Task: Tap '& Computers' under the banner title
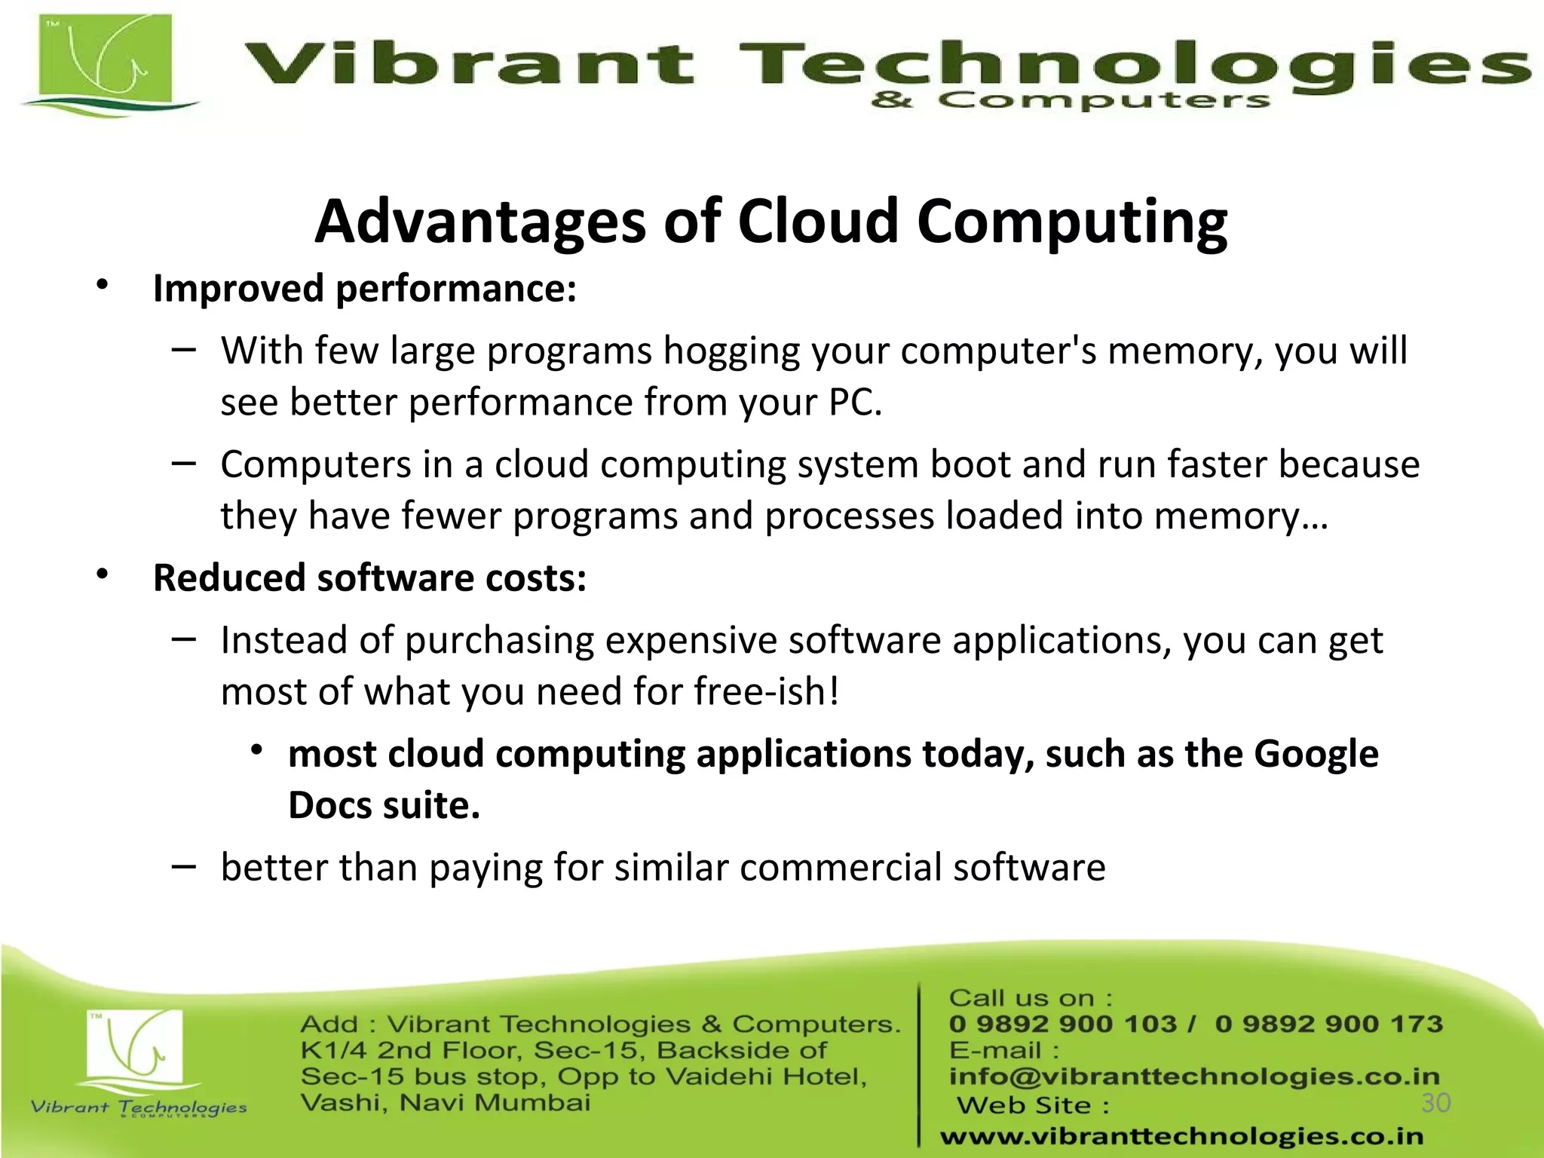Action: (1071, 100)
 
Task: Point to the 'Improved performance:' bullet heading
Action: (365, 289)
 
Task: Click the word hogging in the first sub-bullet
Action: (731, 351)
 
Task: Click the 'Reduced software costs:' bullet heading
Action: (369, 578)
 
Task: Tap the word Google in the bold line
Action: (1316, 754)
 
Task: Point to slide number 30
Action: (1435, 1103)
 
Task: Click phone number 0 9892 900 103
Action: (1063, 1024)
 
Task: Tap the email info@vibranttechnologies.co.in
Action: (1194, 1076)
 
